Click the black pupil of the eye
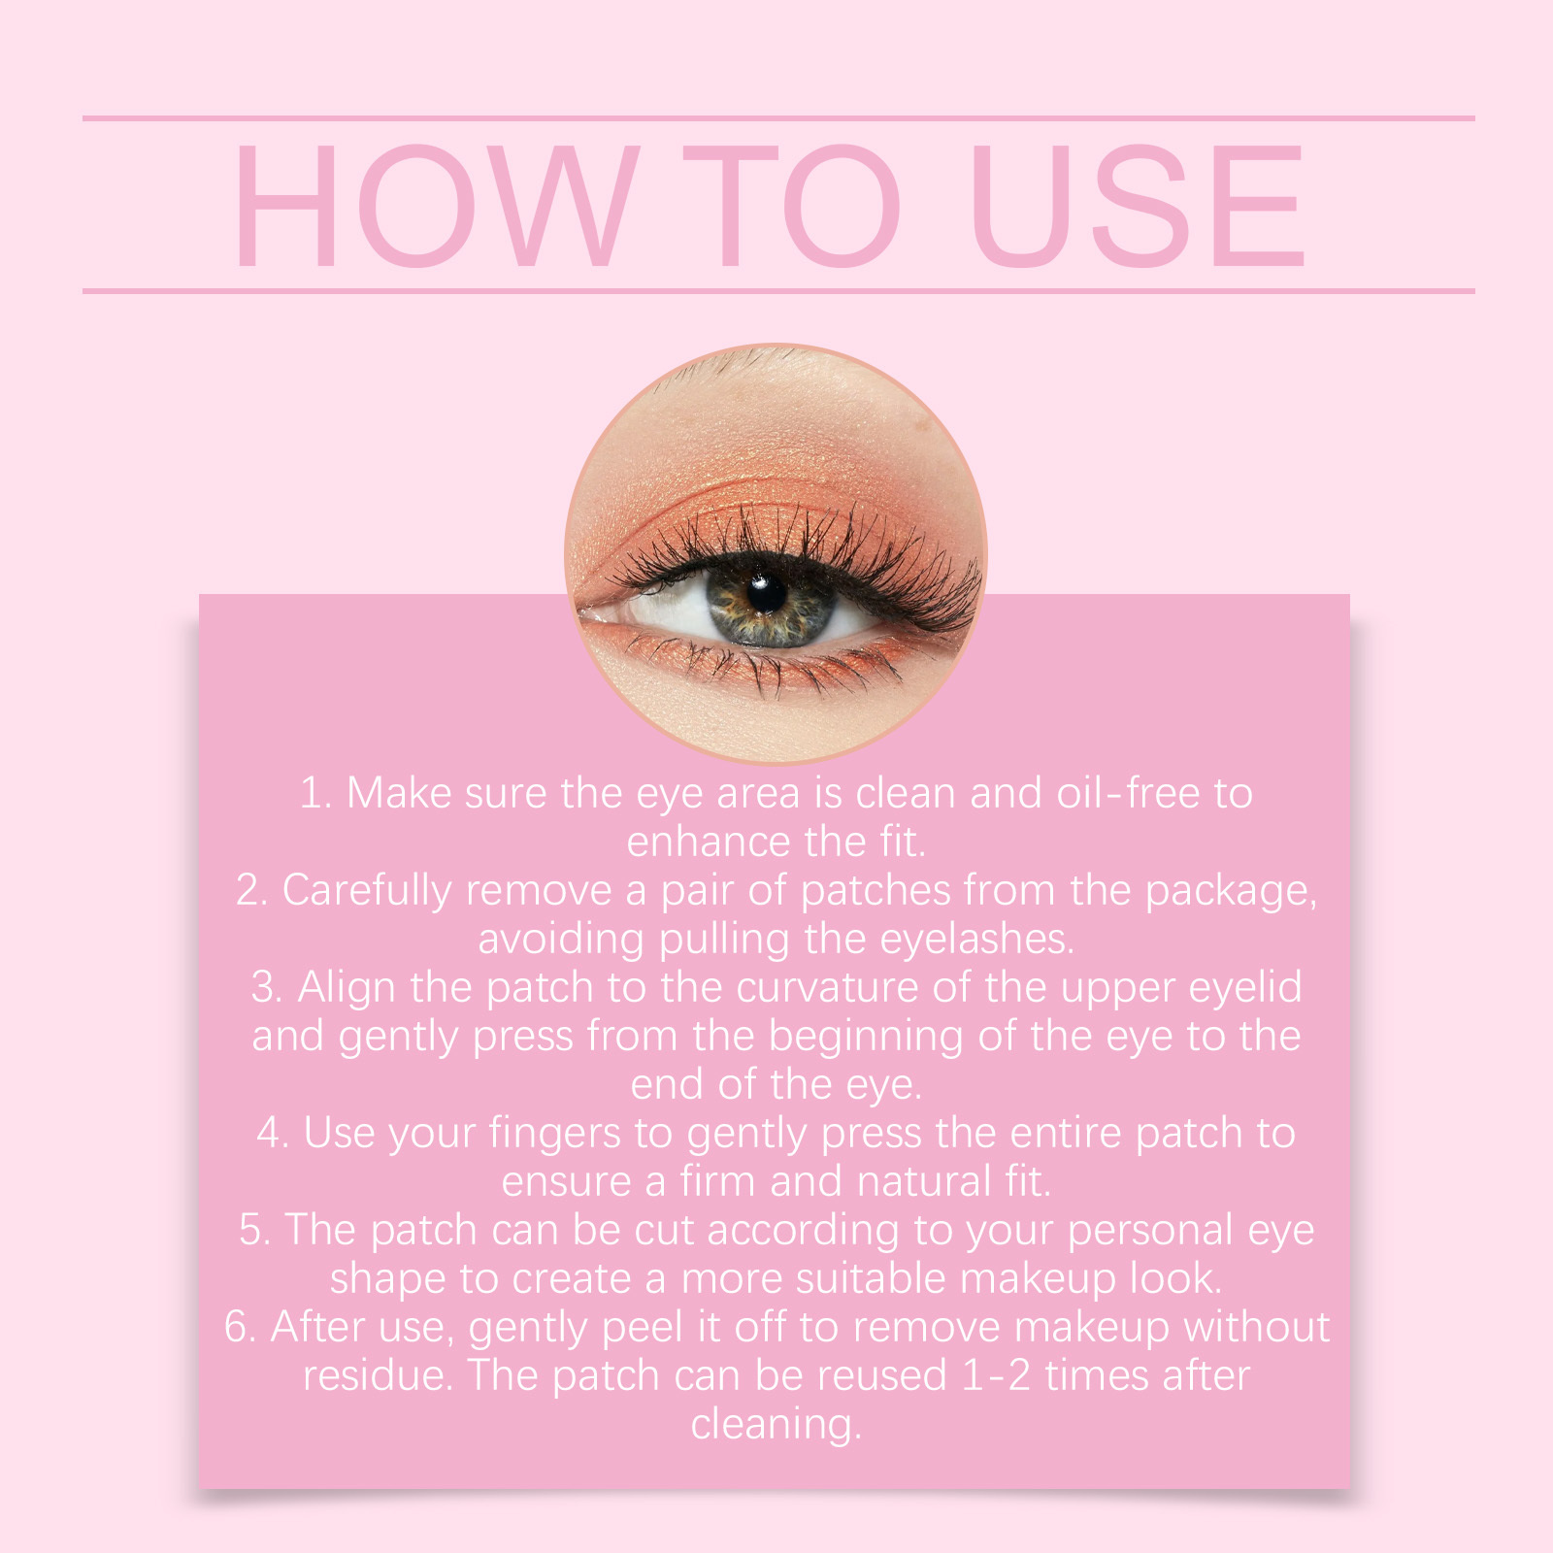[x=767, y=593]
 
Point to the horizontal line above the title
[x=776, y=118]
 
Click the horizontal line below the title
[x=776, y=290]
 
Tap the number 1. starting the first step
[x=315, y=793]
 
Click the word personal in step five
[x=1149, y=1231]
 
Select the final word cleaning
[x=775, y=1425]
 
